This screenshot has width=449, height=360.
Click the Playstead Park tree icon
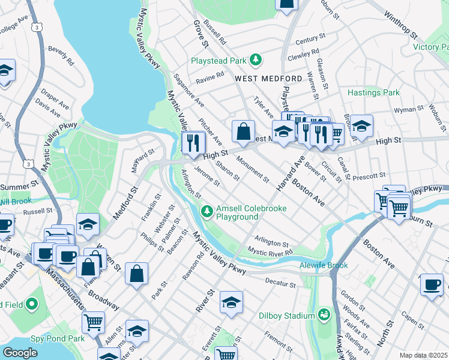[x=256, y=59]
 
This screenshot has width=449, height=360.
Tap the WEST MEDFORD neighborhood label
[x=268, y=79]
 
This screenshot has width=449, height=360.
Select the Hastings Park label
[x=373, y=92]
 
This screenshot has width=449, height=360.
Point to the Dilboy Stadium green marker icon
[x=325, y=314]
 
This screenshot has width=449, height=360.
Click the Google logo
[x=20, y=353]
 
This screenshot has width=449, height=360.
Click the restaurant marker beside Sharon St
[x=193, y=143]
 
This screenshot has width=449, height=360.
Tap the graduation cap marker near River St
[x=231, y=303]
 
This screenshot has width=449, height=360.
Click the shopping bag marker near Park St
[x=137, y=274]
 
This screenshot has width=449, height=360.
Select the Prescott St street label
[x=369, y=176]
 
